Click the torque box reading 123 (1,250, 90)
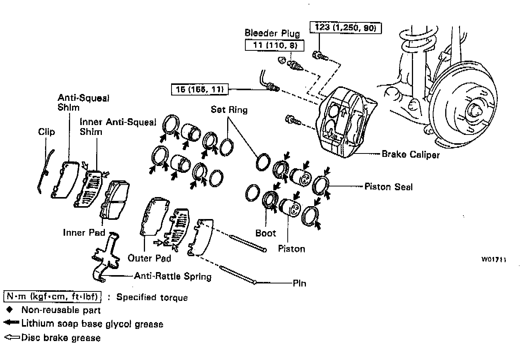coord(345,28)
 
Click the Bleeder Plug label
coord(272,33)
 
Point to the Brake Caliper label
coord(410,154)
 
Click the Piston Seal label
coord(388,186)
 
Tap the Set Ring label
coord(229,110)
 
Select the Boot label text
coord(265,233)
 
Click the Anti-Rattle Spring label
coord(173,276)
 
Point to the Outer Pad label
coord(149,258)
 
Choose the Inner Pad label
coord(84,232)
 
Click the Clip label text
coord(47,132)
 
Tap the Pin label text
coord(299,283)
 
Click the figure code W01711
coord(494,260)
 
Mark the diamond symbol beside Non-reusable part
coord(10,310)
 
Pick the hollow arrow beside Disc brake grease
coord(12,337)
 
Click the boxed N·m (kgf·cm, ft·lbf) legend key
coord(52,296)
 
